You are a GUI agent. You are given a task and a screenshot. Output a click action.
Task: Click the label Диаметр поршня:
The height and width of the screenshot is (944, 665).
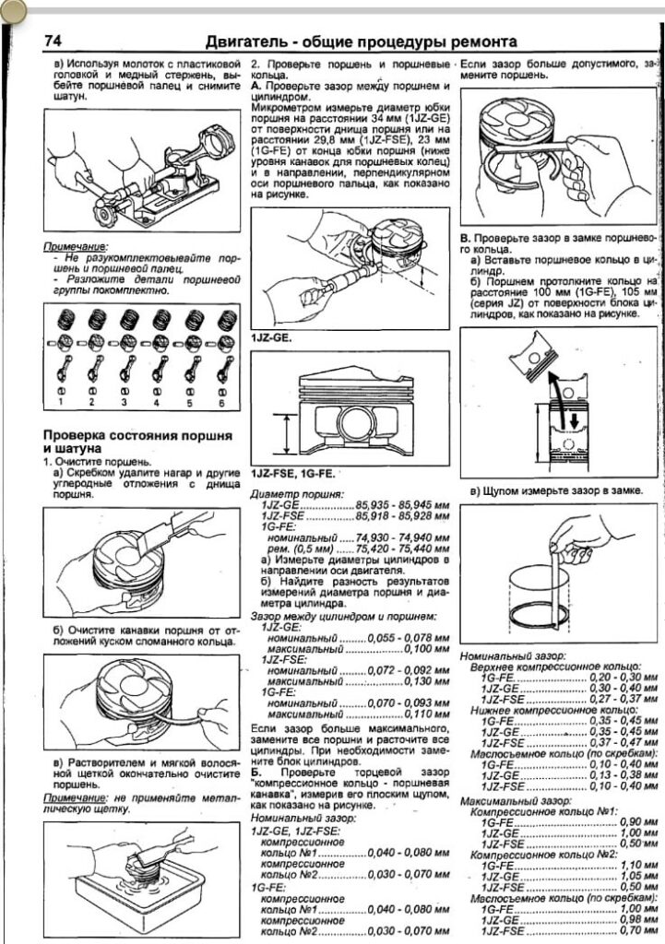tap(296, 495)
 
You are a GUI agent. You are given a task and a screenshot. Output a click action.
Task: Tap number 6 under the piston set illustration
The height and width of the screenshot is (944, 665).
tap(221, 403)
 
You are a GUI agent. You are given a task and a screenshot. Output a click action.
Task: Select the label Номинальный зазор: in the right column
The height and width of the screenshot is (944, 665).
tap(511, 655)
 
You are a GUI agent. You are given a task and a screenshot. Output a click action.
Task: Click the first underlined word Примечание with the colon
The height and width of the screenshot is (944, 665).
tap(76, 248)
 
